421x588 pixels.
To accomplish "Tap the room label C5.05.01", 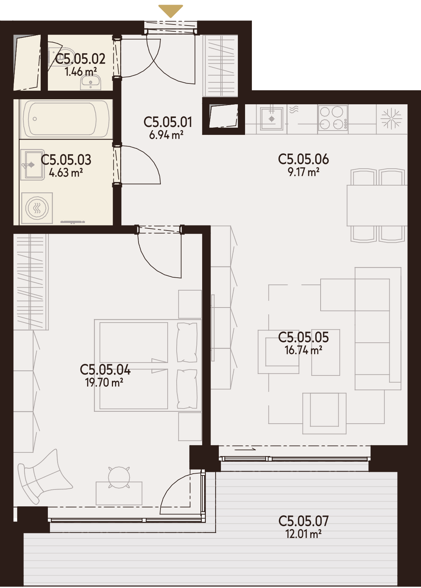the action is coord(168,122).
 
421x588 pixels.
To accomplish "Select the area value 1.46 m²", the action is coord(80,72).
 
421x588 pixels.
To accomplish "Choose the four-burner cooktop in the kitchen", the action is coord(333,118).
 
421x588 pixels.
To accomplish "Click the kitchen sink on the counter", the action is coord(272,119).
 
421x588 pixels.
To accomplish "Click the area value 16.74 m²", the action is coord(303,350).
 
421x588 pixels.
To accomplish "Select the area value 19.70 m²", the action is coord(104,383).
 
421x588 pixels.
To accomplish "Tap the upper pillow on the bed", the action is coord(187,343).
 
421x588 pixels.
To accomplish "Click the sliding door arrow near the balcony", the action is coord(245,450).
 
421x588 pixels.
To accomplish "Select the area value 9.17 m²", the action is coord(304,172).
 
